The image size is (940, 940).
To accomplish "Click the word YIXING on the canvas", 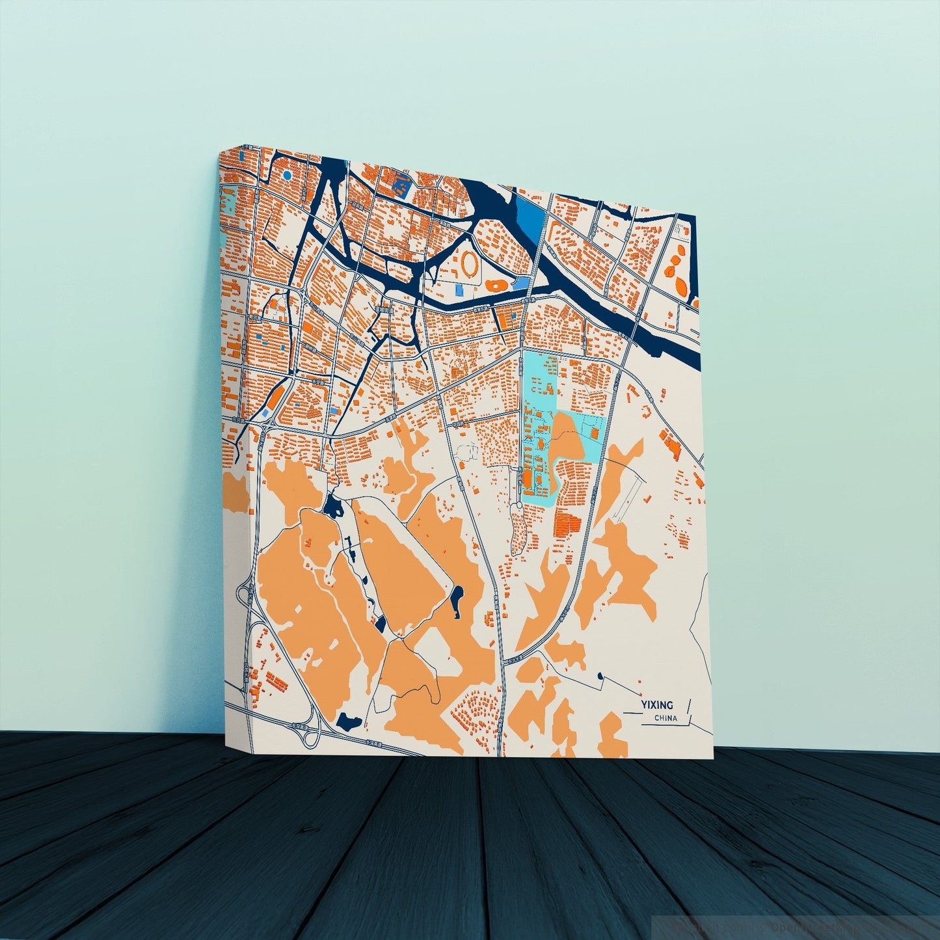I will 656,705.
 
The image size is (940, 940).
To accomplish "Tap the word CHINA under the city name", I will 667,718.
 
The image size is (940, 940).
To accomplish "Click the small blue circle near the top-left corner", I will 287,175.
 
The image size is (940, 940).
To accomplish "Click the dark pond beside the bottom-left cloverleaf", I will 349,721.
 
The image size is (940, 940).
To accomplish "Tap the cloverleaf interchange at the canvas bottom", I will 308,731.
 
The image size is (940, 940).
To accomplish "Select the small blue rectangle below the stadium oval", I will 460,288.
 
